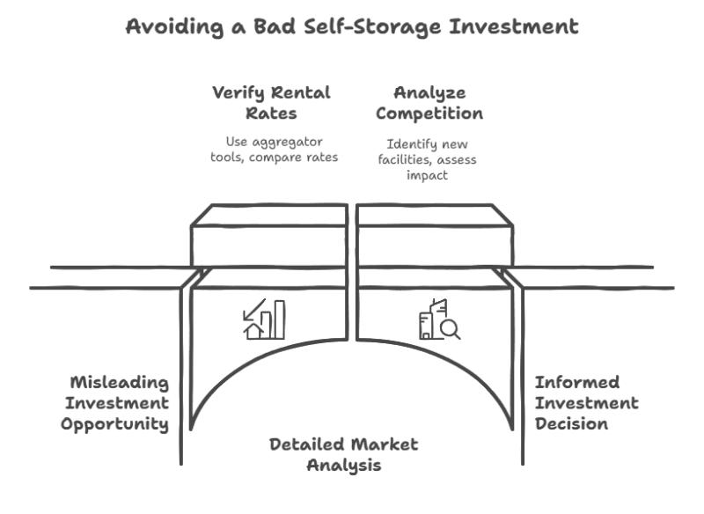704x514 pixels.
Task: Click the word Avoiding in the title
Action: coord(174,26)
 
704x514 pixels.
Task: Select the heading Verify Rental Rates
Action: coord(271,103)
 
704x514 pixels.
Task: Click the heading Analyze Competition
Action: coord(429,103)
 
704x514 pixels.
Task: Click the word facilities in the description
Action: coord(403,159)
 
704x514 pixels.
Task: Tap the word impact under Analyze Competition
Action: coord(427,175)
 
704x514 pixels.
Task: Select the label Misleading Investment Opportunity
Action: coord(115,403)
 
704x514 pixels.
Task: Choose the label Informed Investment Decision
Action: coord(586,403)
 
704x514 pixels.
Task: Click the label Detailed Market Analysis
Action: coord(344,455)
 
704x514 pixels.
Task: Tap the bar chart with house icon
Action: coord(264,319)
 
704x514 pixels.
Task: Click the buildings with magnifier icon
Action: coord(439,319)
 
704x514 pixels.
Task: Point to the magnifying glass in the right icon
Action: coord(451,330)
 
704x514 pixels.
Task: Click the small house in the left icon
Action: coord(253,331)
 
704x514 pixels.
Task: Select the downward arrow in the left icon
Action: coord(253,310)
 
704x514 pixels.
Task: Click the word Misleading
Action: coord(120,383)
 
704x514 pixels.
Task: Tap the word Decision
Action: coord(571,423)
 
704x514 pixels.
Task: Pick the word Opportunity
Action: coord(115,424)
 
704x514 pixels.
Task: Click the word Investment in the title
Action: coord(514,26)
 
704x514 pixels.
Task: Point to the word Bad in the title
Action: coord(275,26)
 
